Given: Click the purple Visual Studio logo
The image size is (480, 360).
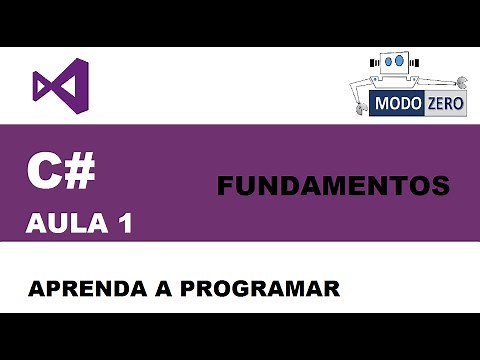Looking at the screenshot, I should tap(61, 85).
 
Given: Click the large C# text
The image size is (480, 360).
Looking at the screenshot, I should tap(62, 173).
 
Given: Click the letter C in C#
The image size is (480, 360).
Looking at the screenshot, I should tap(44, 173).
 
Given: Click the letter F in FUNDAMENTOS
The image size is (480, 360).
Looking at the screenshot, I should tap(225, 186).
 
